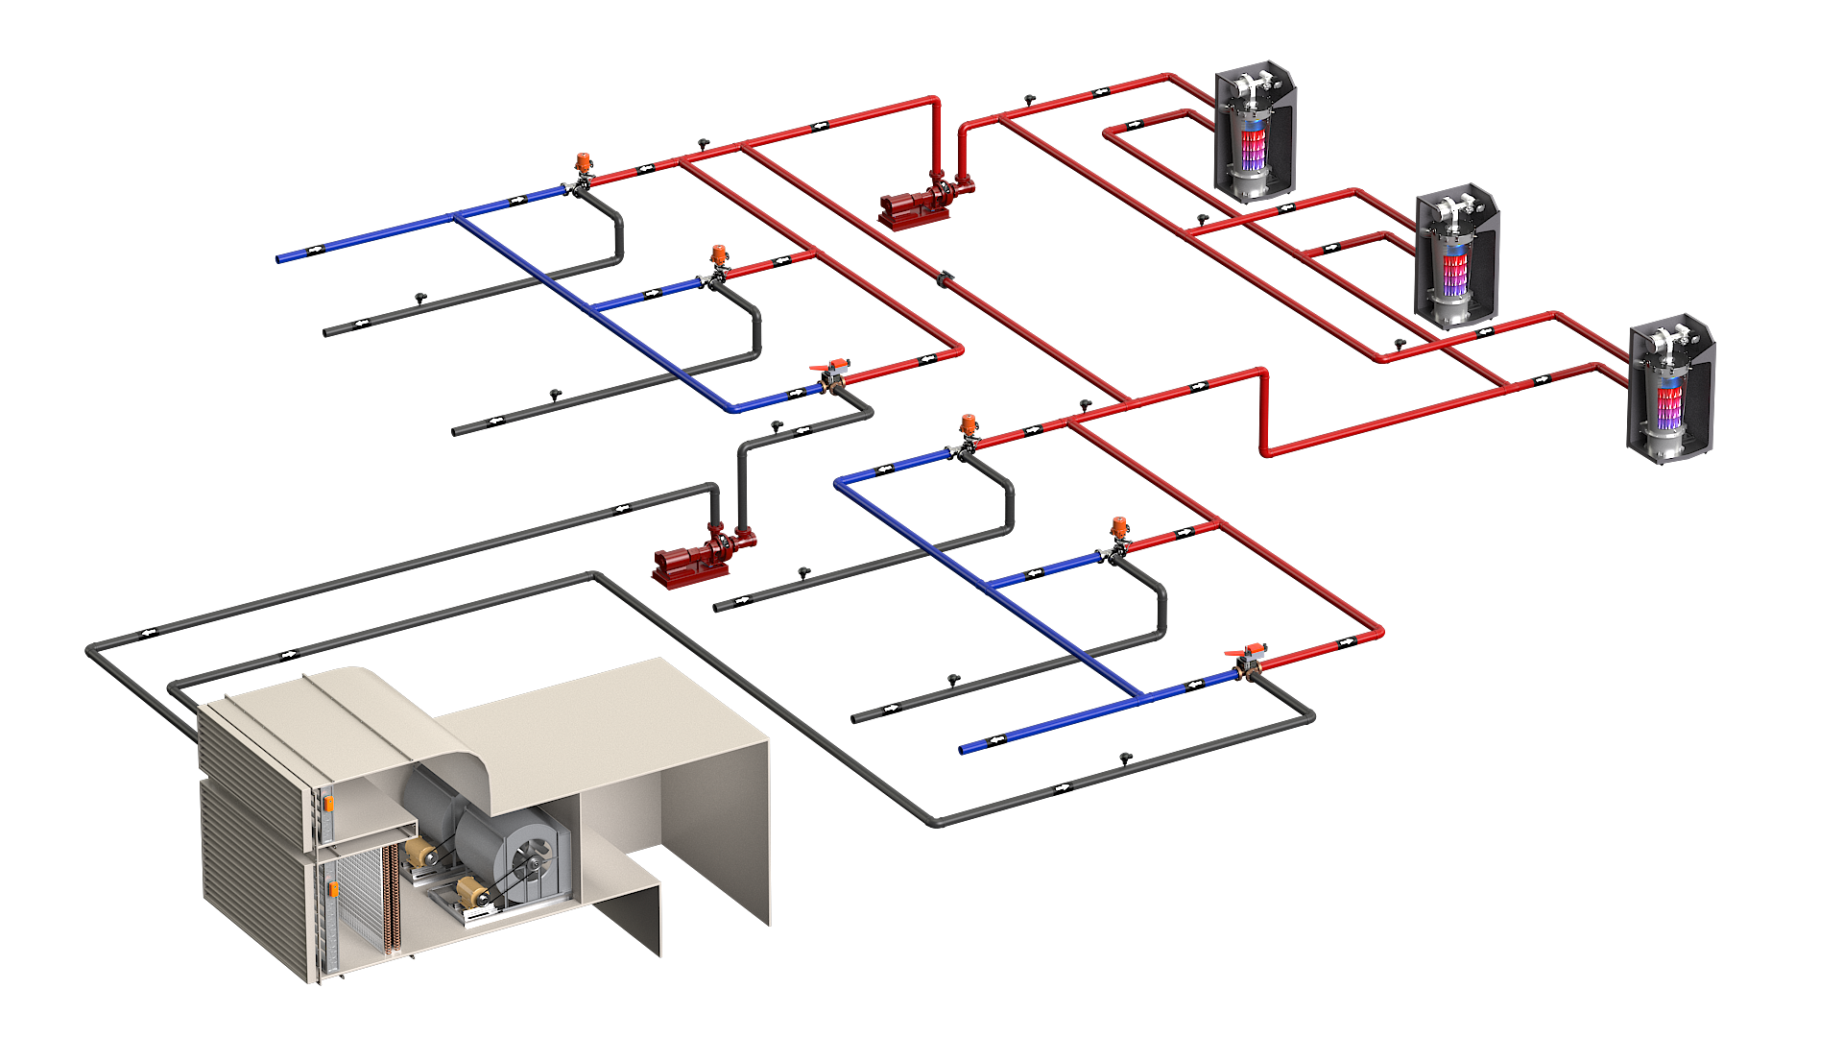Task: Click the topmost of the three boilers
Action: (x=1254, y=133)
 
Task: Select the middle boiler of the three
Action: (x=1456, y=257)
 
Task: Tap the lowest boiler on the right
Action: (x=1670, y=389)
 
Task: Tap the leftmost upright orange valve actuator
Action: (x=583, y=161)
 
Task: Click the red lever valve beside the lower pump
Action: (x=833, y=367)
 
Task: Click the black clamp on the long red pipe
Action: (x=945, y=279)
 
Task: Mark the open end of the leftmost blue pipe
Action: (x=281, y=257)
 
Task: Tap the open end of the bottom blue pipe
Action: (x=966, y=748)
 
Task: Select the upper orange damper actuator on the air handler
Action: (x=328, y=803)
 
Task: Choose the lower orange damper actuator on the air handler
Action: (x=333, y=889)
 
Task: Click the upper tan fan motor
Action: (x=420, y=852)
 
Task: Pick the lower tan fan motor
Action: (x=471, y=892)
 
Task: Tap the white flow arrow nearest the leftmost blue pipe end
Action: (x=314, y=250)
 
